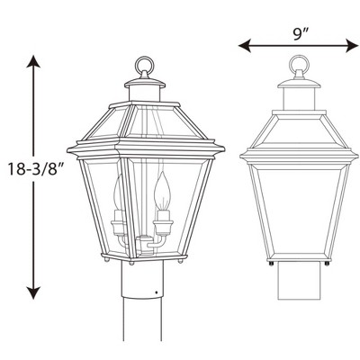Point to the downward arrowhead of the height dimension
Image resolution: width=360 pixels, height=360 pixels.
pyautogui.click(x=33, y=293)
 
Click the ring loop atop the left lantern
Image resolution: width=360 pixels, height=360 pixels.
pyautogui.click(x=142, y=67)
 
